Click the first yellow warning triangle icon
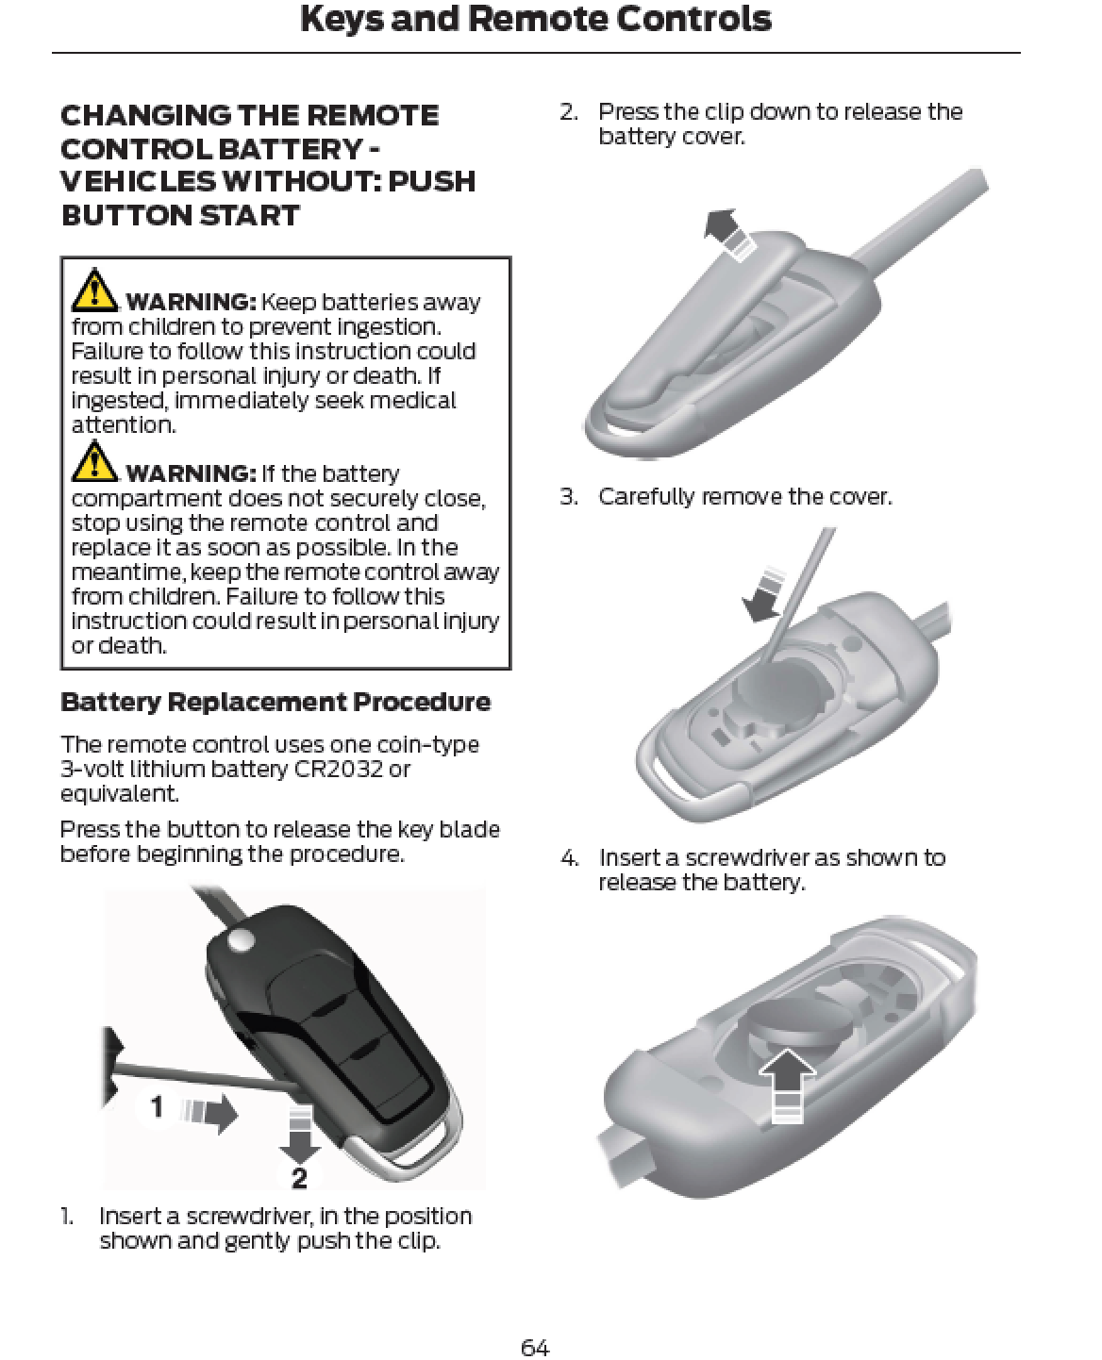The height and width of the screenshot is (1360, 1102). [x=94, y=290]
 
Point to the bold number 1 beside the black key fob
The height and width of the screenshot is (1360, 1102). [x=156, y=1107]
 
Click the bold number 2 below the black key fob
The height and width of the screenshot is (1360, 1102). [x=300, y=1178]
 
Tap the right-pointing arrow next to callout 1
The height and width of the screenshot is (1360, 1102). [x=209, y=1114]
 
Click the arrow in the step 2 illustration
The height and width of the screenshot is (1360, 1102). [x=730, y=234]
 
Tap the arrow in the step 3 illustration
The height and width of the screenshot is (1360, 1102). [x=762, y=594]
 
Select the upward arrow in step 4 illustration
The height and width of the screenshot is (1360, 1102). [x=787, y=1085]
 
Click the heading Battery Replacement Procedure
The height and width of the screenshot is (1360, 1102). [x=275, y=703]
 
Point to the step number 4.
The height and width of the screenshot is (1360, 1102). [x=569, y=857]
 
